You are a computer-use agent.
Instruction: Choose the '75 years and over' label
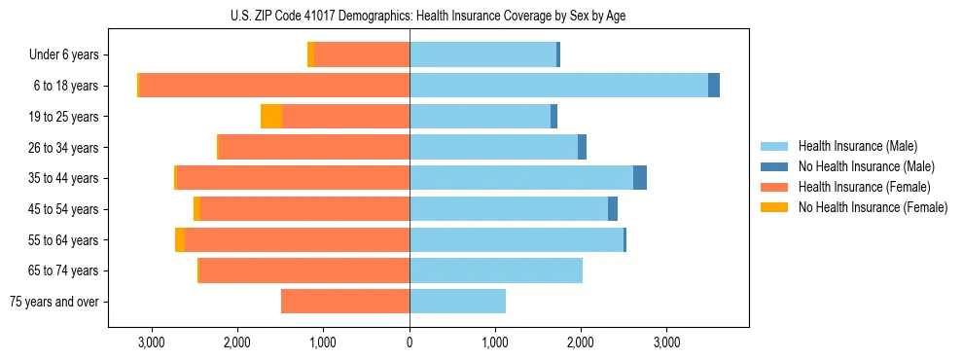click(x=54, y=302)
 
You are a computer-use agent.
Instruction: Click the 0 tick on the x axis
click(x=410, y=342)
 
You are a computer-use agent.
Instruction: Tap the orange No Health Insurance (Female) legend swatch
click(x=774, y=207)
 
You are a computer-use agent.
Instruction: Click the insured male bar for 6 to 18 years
click(x=558, y=86)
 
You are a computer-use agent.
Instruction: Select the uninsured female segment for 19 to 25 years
click(x=271, y=117)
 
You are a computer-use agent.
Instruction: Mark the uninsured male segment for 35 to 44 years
click(x=640, y=178)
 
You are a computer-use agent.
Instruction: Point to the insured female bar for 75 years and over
click(x=345, y=302)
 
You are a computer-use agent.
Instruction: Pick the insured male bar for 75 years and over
click(x=457, y=302)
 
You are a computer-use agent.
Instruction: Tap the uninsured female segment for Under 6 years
click(x=311, y=55)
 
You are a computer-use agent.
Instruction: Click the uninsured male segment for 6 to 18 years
click(x=714, y=86)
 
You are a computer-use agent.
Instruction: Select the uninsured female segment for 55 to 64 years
click(x=180, y=240)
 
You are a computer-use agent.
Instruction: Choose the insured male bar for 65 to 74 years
click(x=496, y=270)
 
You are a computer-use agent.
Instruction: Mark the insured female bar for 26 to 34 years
click(x=314, y=148)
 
